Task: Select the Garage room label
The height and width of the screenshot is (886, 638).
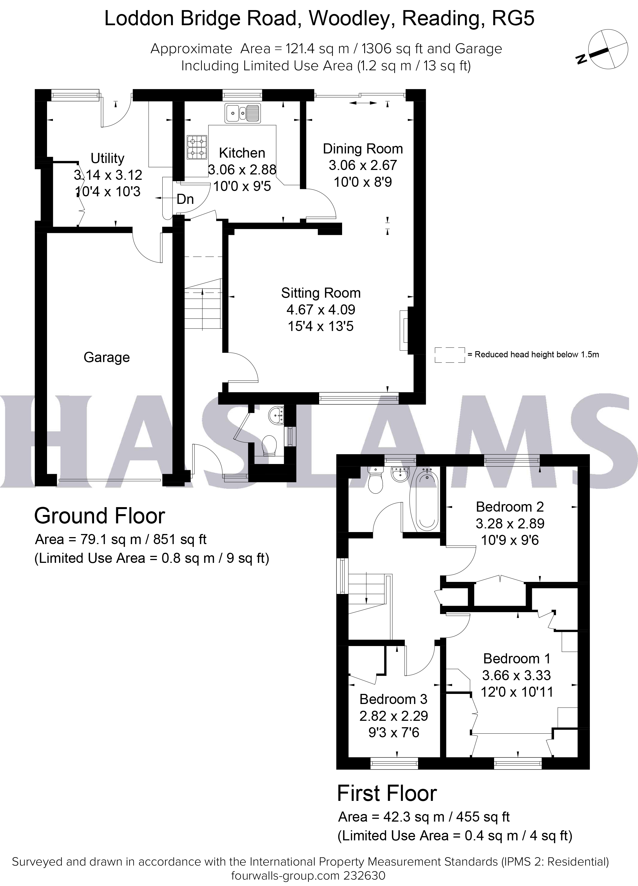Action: pyautogui.click(x=107, y=357)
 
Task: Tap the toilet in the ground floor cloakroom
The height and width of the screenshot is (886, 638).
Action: pyautogui.click(x=269, y=445)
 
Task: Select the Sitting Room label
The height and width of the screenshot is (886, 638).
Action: pyautogui.click(x=321, y=293)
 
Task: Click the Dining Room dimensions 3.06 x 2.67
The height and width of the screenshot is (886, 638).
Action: pyautogui.click(x=363, y=165)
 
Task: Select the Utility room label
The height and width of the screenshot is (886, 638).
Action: pyautogui.click(x=107, y=158)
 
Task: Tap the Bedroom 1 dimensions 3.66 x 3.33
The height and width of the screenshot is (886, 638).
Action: pyautogui.click(x=516, y=675)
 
